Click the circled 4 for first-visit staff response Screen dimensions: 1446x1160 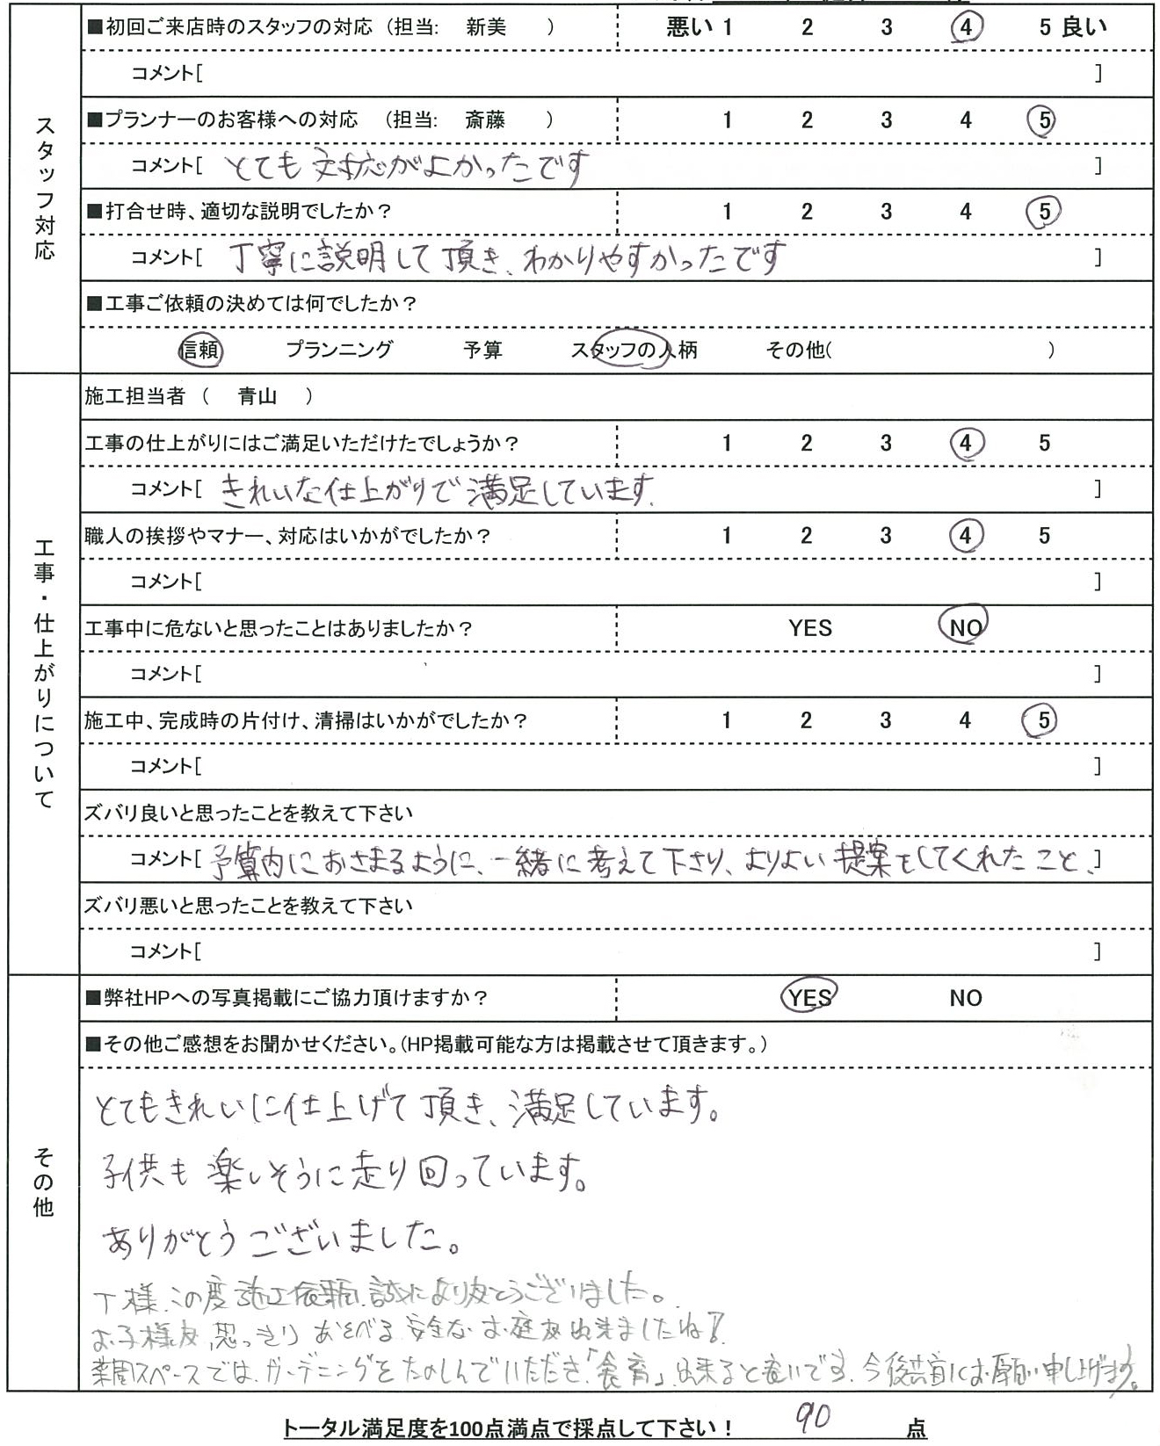coord(966,27)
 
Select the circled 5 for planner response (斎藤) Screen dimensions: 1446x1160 coord(1043,119)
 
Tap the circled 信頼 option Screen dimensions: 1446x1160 coord(200,351)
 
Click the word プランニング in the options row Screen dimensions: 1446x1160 coord(339,351)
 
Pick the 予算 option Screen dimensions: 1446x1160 coord(482,351)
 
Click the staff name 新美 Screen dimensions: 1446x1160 coord(486,27)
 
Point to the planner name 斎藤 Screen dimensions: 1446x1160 coord(484,119)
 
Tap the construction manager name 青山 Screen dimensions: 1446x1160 coord(257,397)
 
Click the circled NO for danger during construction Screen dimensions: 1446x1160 coord(965,627)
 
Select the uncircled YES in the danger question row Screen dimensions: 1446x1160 coord(809,627)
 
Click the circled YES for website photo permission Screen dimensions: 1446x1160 coord(809,997)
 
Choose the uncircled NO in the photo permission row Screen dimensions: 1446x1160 coord(965,997)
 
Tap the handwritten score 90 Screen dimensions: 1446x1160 coord(815,1416)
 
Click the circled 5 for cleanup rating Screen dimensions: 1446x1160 coord(1042,720)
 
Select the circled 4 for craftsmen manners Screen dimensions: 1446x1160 coord(965,535)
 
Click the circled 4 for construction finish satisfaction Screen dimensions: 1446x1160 coord(965,443)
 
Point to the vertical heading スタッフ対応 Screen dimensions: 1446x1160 coord(44,188)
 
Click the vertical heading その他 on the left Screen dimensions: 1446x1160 coord(43,1182)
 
